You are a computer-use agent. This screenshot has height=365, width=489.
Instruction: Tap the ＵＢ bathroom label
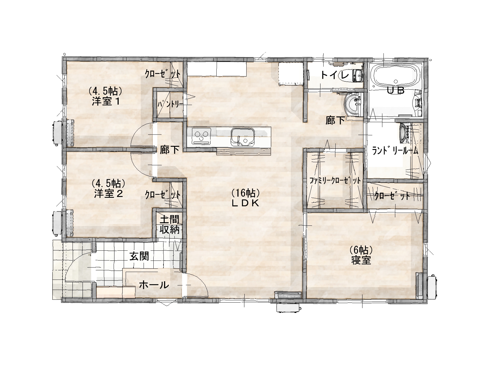396,90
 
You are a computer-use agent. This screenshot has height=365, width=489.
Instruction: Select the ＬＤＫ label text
245,203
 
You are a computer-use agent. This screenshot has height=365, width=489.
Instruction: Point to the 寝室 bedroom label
361,260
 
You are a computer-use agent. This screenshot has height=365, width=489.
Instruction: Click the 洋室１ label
106,101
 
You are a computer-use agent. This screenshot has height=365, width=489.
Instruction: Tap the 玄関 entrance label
139,256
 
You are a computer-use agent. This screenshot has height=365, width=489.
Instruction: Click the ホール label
154,285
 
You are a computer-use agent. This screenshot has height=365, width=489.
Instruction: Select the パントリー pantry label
170,104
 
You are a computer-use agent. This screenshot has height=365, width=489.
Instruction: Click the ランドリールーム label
395,151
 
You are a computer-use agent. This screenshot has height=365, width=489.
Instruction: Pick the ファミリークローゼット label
335,181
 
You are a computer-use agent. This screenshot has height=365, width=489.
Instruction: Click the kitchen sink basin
242,137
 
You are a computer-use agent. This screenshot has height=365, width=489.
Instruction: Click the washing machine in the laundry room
403,133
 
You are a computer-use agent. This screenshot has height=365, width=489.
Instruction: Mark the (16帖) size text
246,193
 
